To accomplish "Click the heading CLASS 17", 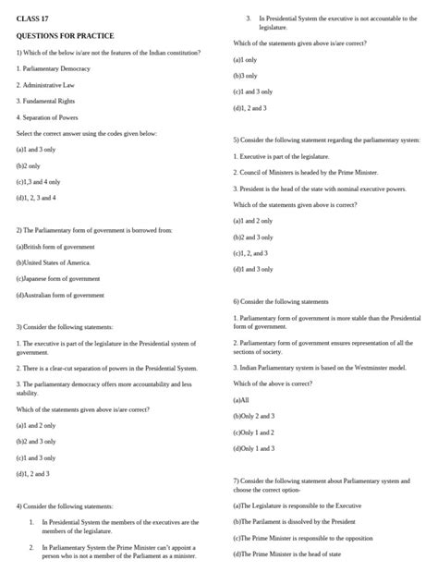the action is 32,18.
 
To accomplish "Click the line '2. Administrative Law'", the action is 51,85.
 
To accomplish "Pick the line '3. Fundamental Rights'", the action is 50,101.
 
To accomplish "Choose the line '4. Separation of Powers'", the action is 54,117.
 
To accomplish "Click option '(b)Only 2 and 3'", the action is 255,416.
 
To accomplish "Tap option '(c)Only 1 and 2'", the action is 254,432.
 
